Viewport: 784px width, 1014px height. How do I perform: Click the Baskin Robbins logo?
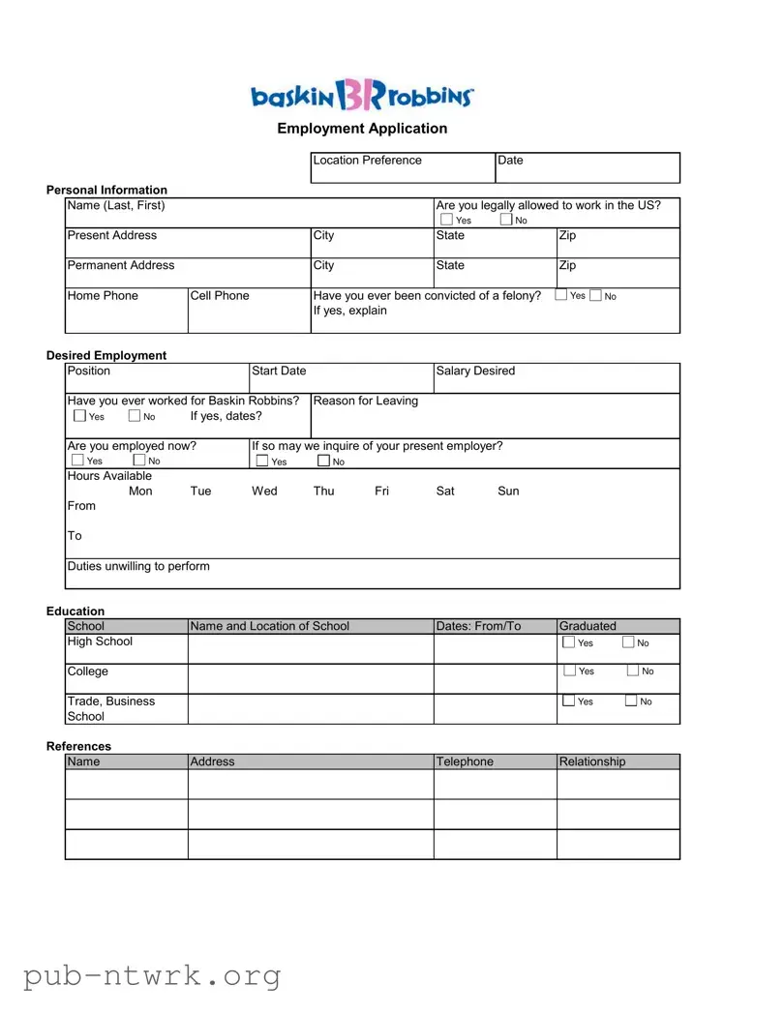coord(362,96)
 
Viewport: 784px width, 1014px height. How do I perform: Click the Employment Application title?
coord(362,129)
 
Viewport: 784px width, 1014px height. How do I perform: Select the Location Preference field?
coord(403,167)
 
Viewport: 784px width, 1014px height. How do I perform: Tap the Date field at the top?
coord(587,167)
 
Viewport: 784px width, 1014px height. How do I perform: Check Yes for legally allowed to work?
coord(445,221)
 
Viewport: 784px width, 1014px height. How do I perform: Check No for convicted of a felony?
coord(595,296)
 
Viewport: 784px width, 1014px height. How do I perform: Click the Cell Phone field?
coord(249,310)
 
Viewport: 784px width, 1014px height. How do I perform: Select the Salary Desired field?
coord(557,377)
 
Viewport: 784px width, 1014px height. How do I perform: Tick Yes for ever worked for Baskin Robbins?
coord(79,416)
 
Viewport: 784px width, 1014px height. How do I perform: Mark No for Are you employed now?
coord(139,461)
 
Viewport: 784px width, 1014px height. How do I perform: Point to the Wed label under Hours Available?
coord(264,492)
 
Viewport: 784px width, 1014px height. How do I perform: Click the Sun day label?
coord(508,492)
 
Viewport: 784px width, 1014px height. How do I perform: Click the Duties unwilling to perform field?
coord(373,573)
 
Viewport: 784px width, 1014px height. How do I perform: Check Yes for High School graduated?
coord(569,642)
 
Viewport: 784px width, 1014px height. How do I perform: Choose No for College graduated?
coord(633,671)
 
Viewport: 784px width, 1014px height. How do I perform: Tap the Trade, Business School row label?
coord(110,708)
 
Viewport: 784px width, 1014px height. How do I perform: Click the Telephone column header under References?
coord(466,761)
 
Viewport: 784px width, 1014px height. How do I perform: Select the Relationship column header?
coord(592,761)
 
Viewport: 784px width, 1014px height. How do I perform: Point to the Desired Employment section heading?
coord(106,355)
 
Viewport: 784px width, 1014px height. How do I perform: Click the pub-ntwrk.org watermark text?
coord(152,975)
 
